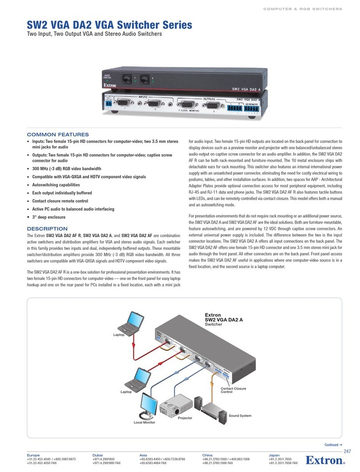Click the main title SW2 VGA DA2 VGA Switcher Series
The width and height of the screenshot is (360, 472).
pos(110,25)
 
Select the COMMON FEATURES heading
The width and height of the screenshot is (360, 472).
pos(58,135)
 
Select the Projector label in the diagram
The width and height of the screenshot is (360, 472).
pos(185,418)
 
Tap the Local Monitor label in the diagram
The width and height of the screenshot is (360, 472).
pos(144,422)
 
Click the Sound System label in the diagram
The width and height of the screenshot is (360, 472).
pos(240,415)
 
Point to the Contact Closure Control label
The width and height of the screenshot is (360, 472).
pos(233,390)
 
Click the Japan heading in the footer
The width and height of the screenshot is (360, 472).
pos(274,456)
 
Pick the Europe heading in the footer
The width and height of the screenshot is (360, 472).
pos(34,456)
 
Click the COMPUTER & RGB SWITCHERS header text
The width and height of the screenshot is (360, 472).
pos(304,9)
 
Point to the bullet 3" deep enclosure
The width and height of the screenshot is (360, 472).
pos(48,217)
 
